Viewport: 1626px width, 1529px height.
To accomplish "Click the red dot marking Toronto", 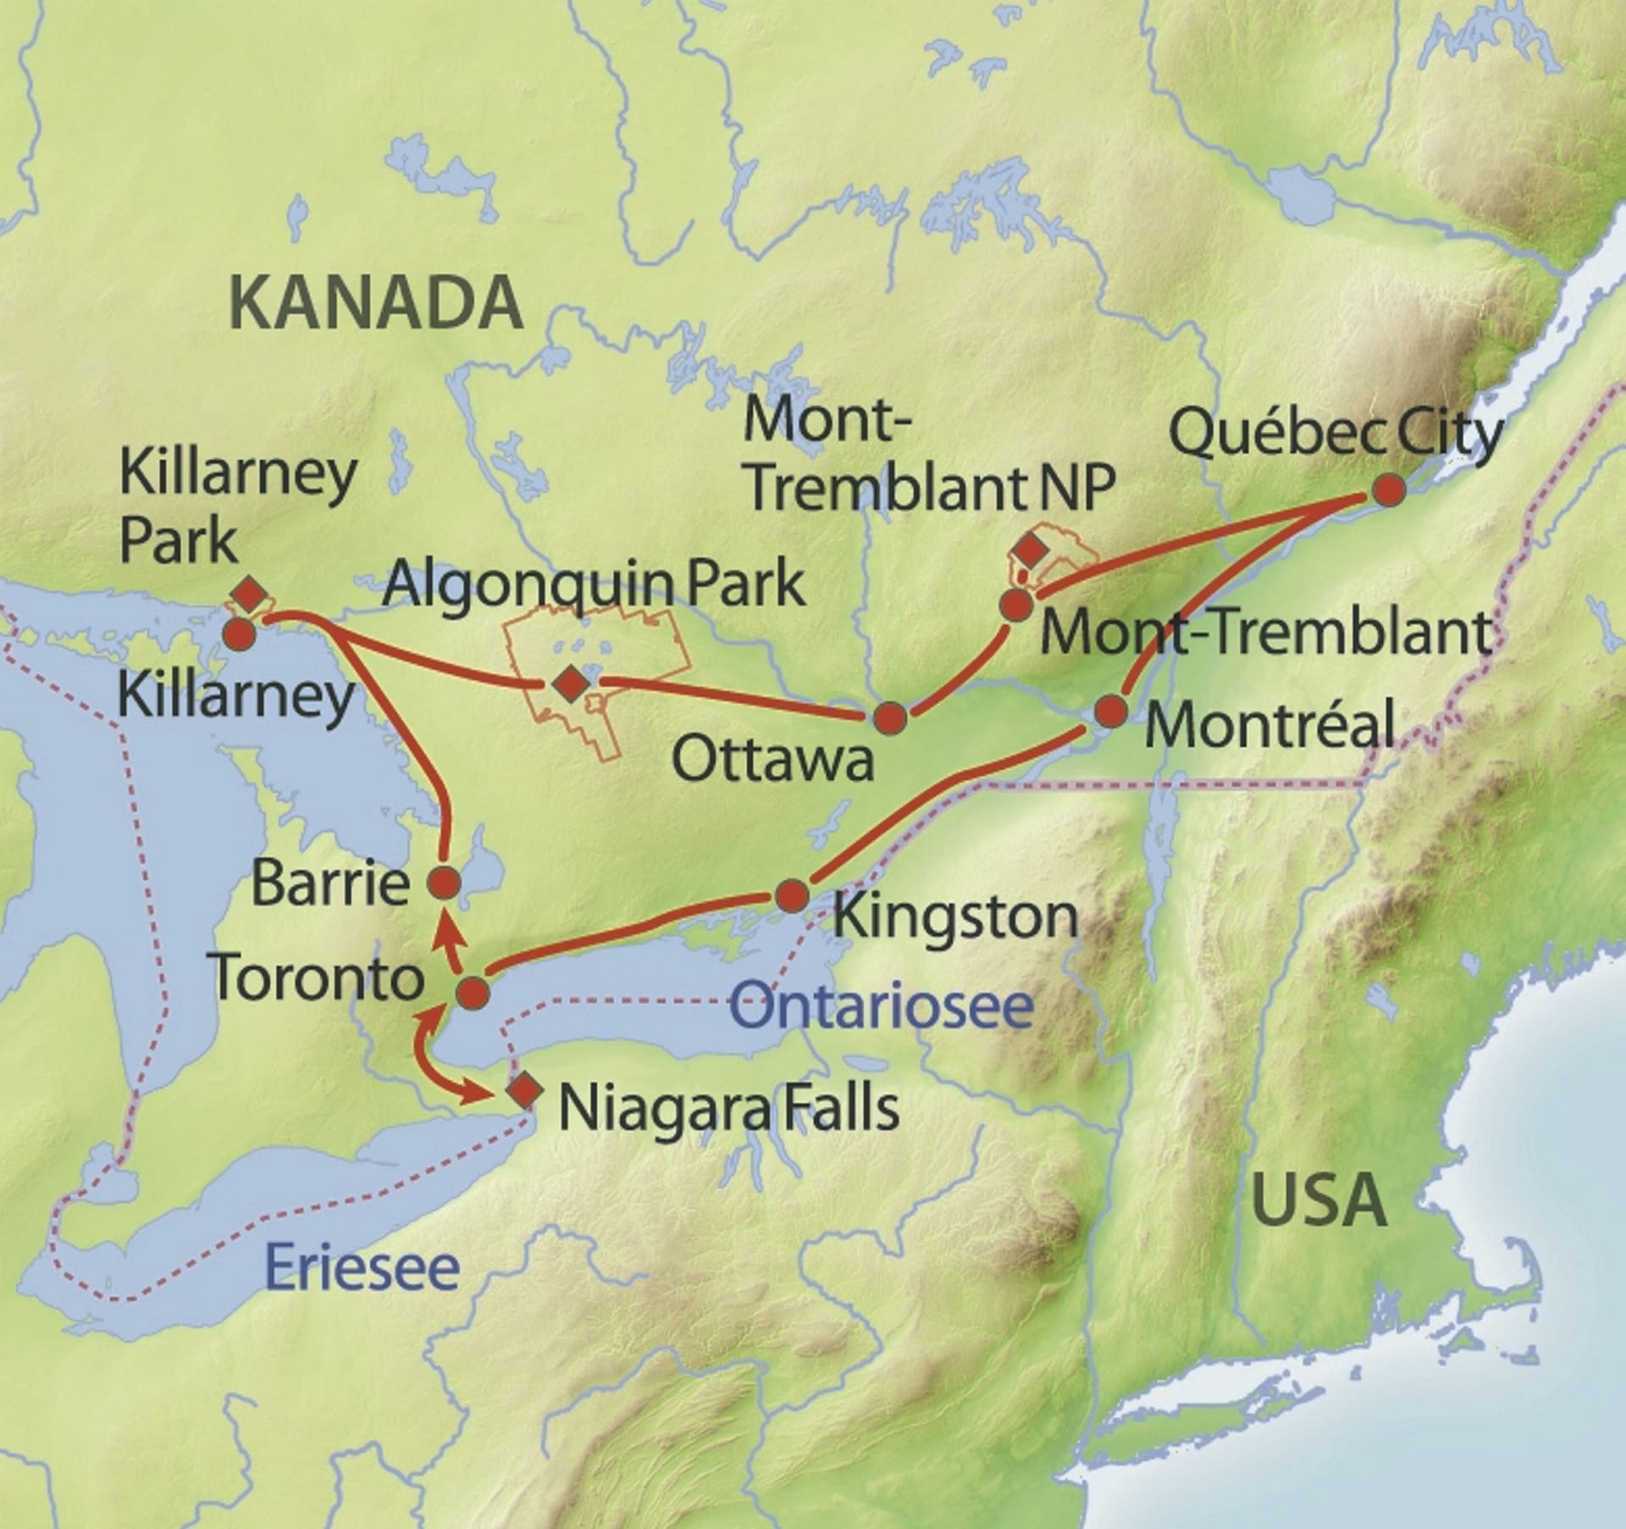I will [x=473, y=993].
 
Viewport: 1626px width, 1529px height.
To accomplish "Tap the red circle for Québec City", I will [x=1389, y=490].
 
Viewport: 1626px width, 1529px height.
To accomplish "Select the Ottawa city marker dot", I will [x=890, y=718].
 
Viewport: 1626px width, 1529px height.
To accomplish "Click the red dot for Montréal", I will [x=1111, y=712].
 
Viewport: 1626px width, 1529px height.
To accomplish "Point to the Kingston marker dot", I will [x=793, y=895].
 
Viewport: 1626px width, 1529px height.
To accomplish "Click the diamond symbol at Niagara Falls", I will [x=523, y=1091].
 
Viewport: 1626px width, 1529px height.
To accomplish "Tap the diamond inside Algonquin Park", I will [x=570, y=683].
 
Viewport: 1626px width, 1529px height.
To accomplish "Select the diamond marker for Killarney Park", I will [x=249, y=595].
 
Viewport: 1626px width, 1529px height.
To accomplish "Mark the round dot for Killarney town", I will [x=238, y=634].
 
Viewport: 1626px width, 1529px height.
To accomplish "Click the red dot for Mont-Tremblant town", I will [x=1015, y=605].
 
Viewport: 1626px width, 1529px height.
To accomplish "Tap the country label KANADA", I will [x=375, y=303].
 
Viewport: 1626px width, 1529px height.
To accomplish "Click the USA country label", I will [x=1319, y=1200].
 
